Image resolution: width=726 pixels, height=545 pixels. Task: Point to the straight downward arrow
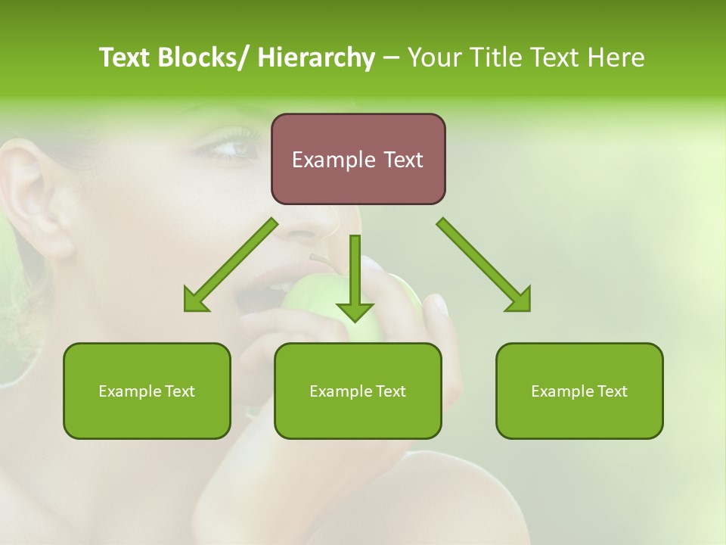click(355, 280)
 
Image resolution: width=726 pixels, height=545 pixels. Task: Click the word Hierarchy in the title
click(316, 58)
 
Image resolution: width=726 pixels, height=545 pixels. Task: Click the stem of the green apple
click(322, 262)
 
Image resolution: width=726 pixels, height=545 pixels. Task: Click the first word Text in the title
click(126, 58)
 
